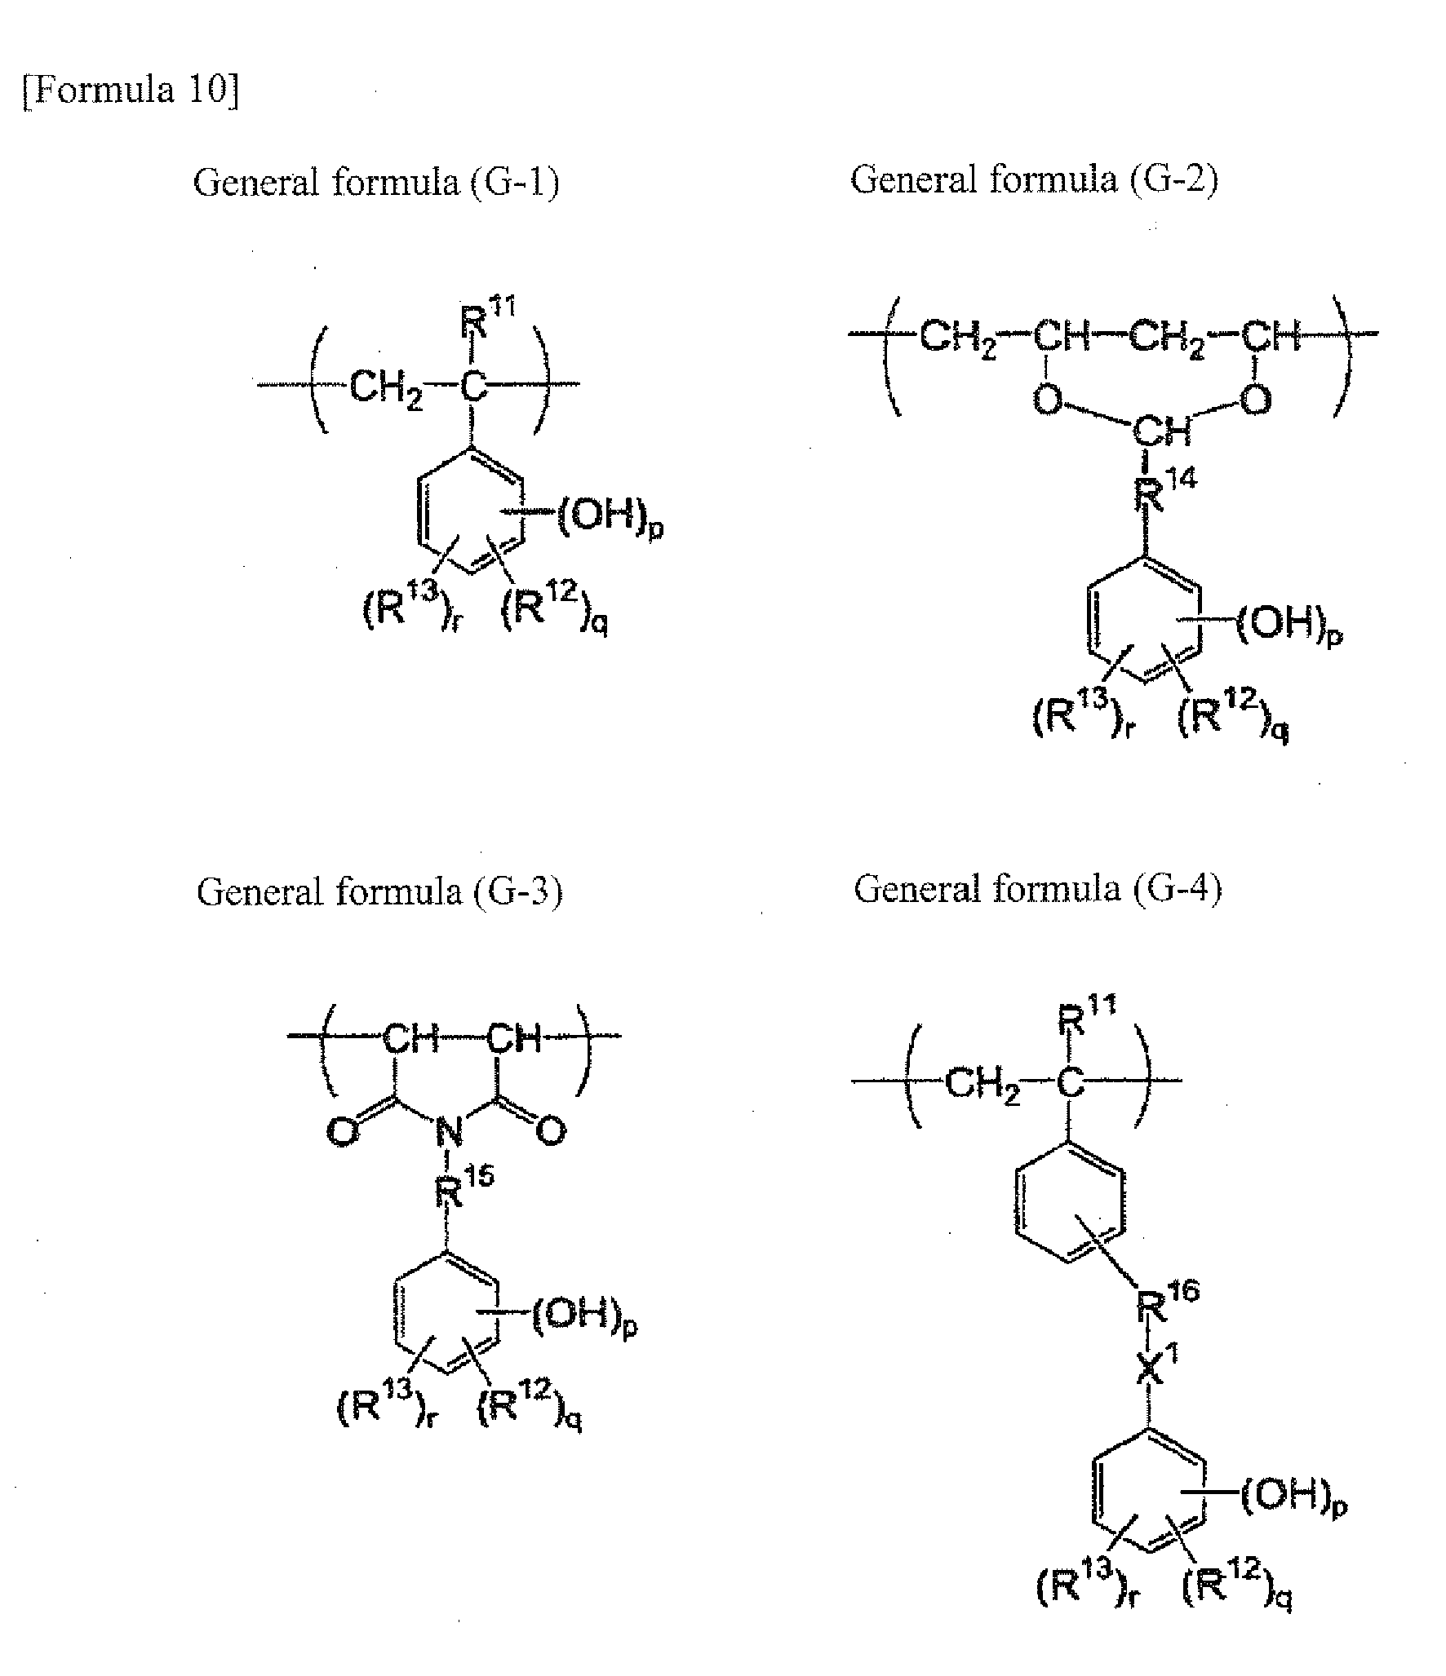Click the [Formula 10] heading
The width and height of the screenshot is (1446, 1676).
pos(131,89)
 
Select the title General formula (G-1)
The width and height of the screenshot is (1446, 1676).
pos(376,181)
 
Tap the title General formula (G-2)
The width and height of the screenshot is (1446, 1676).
pos(1034,179)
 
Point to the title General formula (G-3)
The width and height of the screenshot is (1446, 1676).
pos(379,891)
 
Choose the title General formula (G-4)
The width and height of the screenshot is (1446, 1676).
pos(1038,888)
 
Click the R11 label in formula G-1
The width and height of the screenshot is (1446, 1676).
pos(488,319)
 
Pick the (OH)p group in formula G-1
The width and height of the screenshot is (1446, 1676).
pos(610,516)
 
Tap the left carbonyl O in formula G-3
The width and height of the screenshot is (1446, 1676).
pos(343,1132)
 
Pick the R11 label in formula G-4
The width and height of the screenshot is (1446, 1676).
pos(1087,1017)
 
